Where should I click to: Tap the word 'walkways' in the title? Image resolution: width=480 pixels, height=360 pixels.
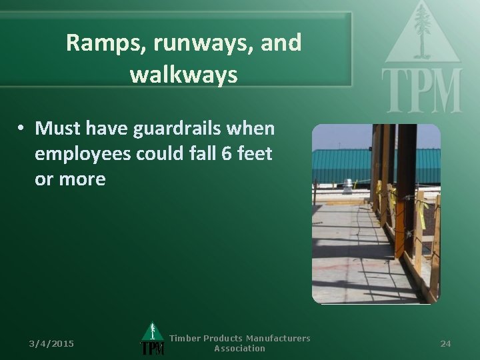click(183, 74)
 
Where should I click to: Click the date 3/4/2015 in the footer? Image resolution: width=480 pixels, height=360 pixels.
click(51, 343)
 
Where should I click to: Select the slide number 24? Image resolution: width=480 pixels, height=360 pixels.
click(445, 343)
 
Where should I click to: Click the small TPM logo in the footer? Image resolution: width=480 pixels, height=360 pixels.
click(153, 340)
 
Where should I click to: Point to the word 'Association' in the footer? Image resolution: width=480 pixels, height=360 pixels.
click(239, 349)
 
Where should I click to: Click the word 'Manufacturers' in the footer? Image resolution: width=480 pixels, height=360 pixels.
click(276, 339)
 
